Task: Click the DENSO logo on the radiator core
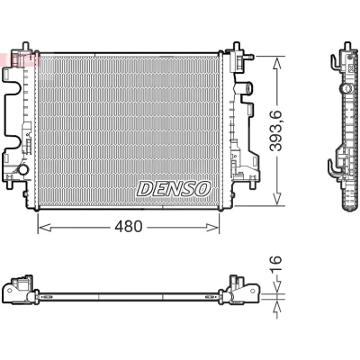pos(174,189)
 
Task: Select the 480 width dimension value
pos(129,227)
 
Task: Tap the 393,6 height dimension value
pos(276,130)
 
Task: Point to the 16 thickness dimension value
pos(276,265)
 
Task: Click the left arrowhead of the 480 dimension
pos(45,228)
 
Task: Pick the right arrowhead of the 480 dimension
pos(212,228)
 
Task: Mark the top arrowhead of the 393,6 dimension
pos(277,64)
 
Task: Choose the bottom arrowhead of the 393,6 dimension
pos(277,199)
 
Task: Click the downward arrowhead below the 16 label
pos(276,285)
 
